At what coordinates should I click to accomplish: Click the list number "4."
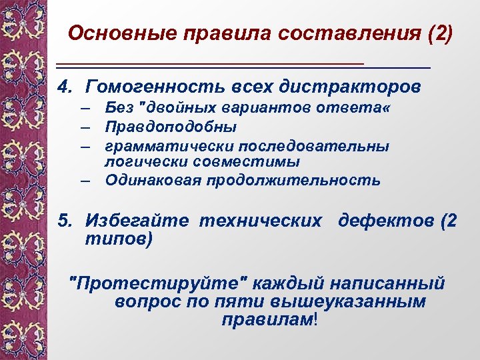[x=65, y=87]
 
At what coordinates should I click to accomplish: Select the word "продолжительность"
[x=293, y=180]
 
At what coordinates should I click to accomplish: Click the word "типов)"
[x=119, y=239]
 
